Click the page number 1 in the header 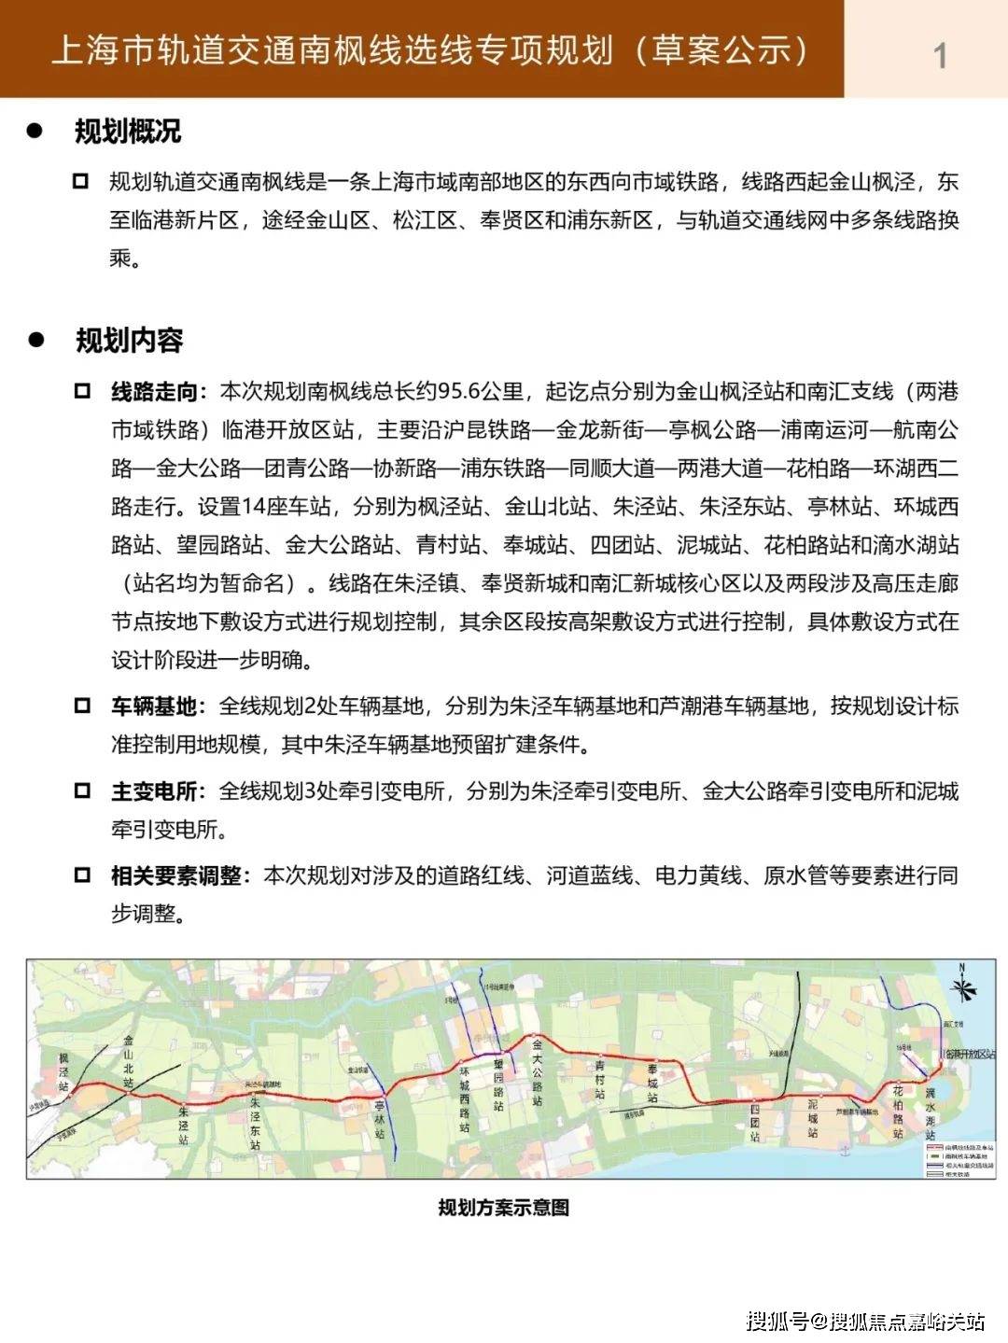tap(940, 55)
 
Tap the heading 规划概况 tap(128, 132)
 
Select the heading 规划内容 tap(129, 341)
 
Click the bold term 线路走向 tap(153, 392)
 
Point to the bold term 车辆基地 tap(153, 706)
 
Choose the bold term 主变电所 tap(153, 791)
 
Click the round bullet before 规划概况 tap(36, 132)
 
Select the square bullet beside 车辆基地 tap(82, 706)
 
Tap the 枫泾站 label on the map tap(63, 1072)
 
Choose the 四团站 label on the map tap(755, 1123)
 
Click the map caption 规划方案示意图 tap(504, 1208)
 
